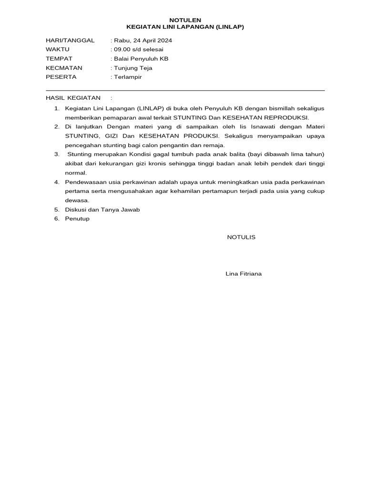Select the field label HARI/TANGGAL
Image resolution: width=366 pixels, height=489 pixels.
(x=70, y=41)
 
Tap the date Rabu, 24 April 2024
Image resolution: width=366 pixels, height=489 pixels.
(x=142, y=41)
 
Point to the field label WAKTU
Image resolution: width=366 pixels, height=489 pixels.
(x=58, y=50)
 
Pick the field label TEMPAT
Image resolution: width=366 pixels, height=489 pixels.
(x=59, y=59)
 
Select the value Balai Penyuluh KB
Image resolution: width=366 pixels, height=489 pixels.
(x=141, y=59)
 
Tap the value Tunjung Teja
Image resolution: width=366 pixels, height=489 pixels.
(x=133, y=68)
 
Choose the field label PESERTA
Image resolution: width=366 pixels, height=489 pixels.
(x=61, y=77)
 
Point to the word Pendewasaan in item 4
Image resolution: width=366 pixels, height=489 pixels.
(x=84, y=182)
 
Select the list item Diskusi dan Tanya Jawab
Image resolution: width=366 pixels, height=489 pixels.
(x=102, y=210)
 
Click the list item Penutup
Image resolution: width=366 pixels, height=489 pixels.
(x=77, y=219)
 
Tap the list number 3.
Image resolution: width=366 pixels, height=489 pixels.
(x=56, y=154)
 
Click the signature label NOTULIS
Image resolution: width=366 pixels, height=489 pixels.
(x=241, y=237)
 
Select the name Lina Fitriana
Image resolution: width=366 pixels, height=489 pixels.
(x=244, y=274)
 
